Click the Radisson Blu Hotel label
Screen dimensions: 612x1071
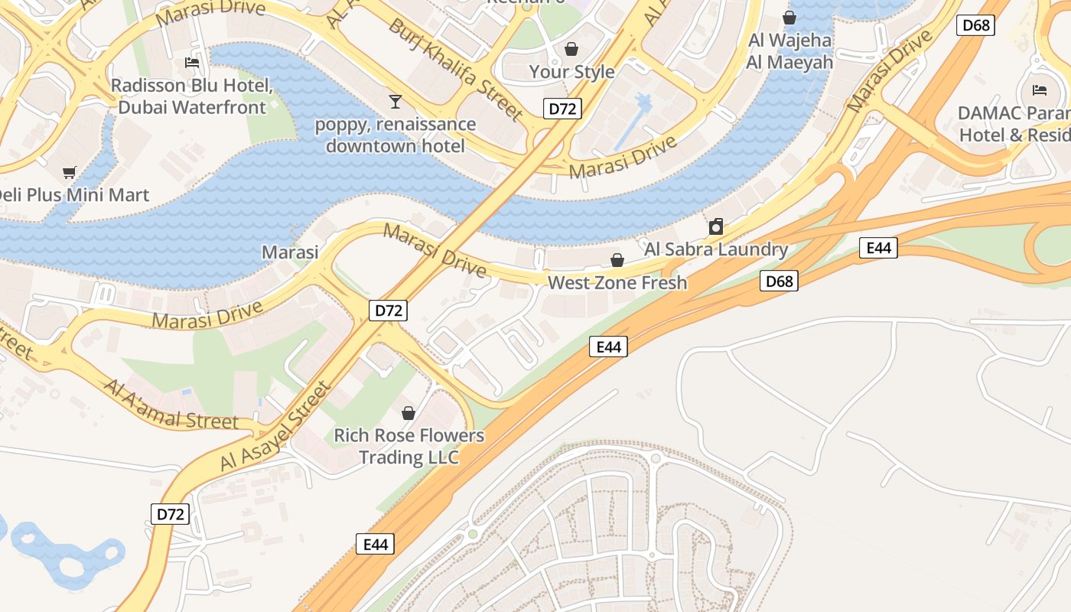pos(191,96)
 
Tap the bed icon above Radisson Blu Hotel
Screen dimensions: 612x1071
pos(192,62)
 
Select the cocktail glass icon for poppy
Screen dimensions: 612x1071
pos(395,101)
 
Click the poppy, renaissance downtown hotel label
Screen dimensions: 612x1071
pos(396,135)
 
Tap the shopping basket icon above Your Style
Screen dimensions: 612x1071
pos(571,50)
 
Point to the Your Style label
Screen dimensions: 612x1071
pos(571,72)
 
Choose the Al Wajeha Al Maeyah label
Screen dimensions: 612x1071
pos(789,51)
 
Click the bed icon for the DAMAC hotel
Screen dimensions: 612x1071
pos(1039,90)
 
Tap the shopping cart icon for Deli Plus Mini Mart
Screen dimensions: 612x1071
pos(70,173)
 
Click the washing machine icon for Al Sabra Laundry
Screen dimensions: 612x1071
pos(716,226)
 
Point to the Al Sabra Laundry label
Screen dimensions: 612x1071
pos(716,249)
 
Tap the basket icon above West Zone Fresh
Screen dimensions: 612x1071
pos(617,261)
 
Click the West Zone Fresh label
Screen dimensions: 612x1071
pos(617,283)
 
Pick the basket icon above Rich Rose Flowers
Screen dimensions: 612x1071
pos(409,413)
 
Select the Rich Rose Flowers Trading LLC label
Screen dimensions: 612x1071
pos(409,446)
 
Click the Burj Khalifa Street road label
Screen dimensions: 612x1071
pos(455,70)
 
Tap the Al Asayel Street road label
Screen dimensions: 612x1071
pos(276,425)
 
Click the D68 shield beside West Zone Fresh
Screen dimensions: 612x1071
pos(780,281)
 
